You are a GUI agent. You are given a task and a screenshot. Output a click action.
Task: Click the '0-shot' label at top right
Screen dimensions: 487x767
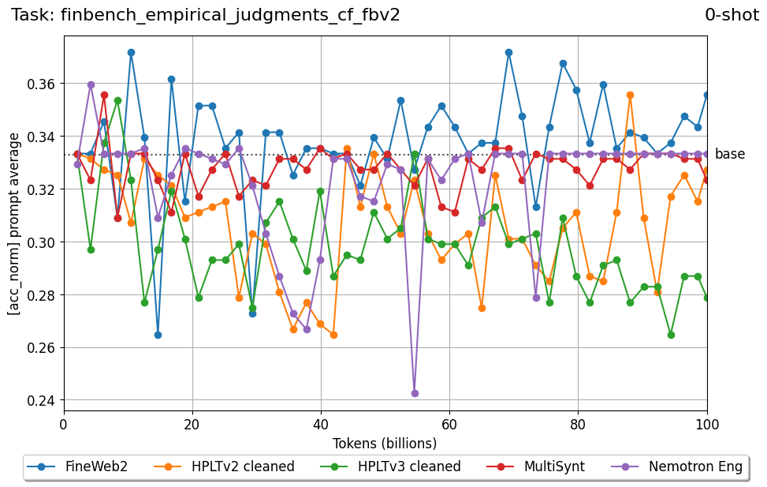click(732, 15)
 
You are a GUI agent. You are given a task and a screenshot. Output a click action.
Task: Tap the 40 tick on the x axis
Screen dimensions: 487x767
click(321, 424)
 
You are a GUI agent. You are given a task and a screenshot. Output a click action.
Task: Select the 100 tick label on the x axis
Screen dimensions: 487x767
click(706, 424)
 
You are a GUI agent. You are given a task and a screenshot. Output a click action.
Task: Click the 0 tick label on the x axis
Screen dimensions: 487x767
click(64, 424)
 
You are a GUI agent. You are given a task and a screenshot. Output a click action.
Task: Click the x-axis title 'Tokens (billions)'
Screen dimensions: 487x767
click(385, 443)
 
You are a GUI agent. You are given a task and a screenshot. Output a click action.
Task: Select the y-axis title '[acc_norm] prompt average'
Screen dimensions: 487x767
click(14, 224)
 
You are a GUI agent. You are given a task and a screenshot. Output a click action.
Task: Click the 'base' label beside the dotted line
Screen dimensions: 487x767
click(729, 155)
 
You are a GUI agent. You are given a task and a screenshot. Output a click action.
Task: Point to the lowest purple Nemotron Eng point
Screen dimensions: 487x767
click(415, 393)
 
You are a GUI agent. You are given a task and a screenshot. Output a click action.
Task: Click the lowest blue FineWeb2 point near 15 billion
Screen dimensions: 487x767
click(158, 335)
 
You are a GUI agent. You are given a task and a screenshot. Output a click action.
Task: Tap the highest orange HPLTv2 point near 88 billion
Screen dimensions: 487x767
click(630, 95)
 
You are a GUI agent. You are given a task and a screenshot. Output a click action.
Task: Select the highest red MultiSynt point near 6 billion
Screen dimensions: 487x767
click(104, 95)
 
